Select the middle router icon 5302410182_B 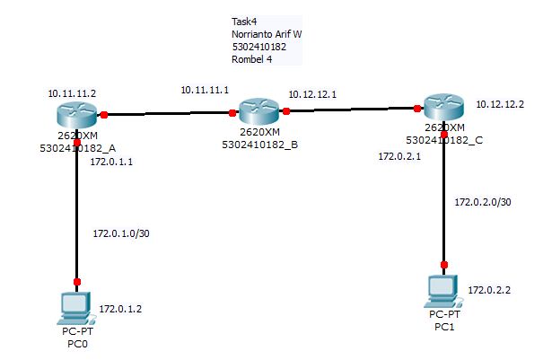pyautogui.click(x=258, y=113)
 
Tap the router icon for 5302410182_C pyautogui.click(x=443, y=110)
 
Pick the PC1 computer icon pyautogui.click(x=442, y=290)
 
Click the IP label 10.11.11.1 pyautogui.click(x=205, y=90)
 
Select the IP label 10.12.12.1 pyautogui.click(x=311, y=93)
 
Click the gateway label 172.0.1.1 pyautogui.click(x=111, y=162)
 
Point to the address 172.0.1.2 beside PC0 pyautogui.click(x=120, y=308)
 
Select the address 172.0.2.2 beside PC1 pyautogui.click(x=490, y=291)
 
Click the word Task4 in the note pyautogui.click(x=245, y=21)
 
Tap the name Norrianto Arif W pyautogui.click(x=267, y=34)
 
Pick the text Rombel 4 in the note pyautogui.click(x=252, y=59)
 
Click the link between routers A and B pyautogui.click(x=168, y=114)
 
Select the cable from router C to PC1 pyautogui.click(x=443, y=198)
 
